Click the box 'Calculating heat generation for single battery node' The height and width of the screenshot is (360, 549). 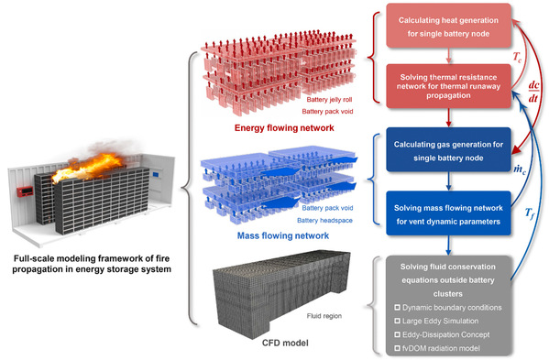coord(448,26)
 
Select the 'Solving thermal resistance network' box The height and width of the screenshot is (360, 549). coord(448,86)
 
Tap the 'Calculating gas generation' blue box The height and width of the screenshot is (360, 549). coord(448,149)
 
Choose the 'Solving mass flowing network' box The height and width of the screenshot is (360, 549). coord(448,213)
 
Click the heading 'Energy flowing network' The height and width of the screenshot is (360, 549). coord(284,127)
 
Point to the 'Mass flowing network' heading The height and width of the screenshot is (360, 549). coord(283,235)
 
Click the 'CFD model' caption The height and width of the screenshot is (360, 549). coord(285,343)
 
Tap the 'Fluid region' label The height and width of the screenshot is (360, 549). coord(324,316)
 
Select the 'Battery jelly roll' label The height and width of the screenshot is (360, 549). coord(329,100)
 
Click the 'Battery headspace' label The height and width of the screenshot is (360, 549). coord(324,221)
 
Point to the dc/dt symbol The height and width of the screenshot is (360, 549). coord(533,92)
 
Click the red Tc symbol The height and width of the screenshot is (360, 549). coord(517,57)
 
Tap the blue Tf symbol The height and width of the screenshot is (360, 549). coord(530,213)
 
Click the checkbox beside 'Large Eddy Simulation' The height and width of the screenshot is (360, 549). coord(397,321)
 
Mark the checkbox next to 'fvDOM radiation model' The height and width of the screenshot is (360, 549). coord(397,348)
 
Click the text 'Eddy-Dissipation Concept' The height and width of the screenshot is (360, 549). coord(445,334)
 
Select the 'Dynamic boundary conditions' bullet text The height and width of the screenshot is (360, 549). coord(452,308)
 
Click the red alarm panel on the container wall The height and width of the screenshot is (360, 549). coord(25,191)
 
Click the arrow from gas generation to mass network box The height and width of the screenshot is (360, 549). coord(448,181)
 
